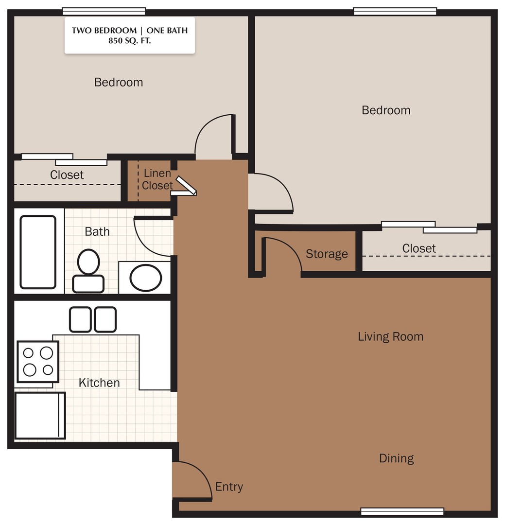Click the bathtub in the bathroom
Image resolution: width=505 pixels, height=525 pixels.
38,252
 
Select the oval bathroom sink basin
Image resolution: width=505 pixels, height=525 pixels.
146,278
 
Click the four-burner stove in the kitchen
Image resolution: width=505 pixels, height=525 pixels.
38,361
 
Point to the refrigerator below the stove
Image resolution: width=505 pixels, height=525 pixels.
40,415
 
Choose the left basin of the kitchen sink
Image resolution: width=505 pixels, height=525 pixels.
80,319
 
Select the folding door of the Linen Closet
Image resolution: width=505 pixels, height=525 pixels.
186,186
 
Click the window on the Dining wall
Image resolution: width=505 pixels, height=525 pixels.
402,511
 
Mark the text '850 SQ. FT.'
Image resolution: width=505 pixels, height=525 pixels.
130,41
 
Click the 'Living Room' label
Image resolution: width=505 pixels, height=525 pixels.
390,336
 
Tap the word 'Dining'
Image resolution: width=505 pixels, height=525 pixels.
396,458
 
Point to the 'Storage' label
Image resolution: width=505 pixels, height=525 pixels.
327,254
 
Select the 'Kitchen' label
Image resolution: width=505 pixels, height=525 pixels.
99,383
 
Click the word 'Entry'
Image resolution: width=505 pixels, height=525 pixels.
229,487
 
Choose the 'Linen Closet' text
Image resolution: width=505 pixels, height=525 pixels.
157,179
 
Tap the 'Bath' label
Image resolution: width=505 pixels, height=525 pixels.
97,231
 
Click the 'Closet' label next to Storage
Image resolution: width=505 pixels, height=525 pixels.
418,248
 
